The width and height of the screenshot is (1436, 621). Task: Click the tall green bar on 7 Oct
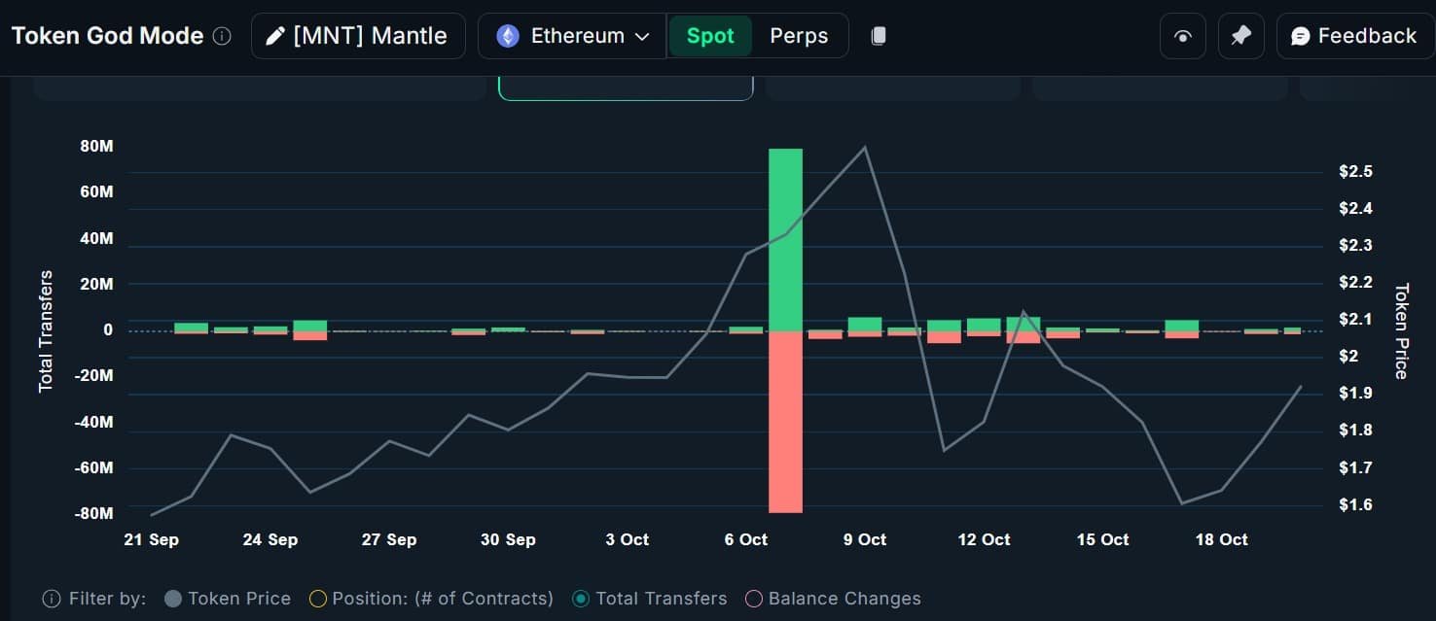point(785,239)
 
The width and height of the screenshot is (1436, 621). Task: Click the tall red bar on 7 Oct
point(785,422)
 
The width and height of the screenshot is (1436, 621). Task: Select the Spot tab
point(709,36)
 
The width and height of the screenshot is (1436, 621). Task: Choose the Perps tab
point(799,36)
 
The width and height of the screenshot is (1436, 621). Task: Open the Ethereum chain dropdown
point(572,36)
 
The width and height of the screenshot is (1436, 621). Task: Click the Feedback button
point(1354,36)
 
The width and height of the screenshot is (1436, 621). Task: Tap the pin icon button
point(1241,36)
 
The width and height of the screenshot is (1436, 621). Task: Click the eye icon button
point(1183,36)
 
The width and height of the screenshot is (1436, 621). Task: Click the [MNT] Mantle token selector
point(358,36)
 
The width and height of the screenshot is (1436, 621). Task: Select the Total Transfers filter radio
point(581,599)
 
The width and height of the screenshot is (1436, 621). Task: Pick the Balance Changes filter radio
point(754,599)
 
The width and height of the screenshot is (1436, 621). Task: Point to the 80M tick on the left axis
point(96,146)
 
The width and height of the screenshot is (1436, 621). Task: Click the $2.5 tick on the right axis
point(1356,172)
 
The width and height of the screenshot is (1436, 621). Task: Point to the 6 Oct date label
point(745,539)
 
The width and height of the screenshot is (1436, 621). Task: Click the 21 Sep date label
point(152,539)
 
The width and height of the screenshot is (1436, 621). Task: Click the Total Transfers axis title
point(46,331)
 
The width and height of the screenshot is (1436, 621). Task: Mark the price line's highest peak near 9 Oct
point(865,148)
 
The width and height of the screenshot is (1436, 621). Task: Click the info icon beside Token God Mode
point(222,36)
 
